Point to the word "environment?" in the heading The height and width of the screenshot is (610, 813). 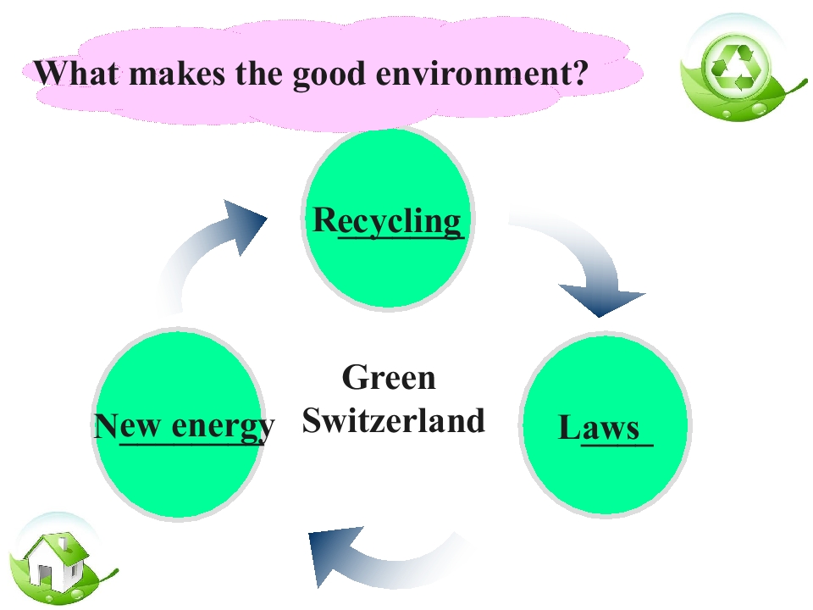pyautogui.click(x=481, y=74)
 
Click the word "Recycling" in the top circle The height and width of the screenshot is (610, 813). pyautogui.click(x=388, y=221)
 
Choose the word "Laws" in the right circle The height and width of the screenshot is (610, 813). pyautogui.click(x=601, y=428)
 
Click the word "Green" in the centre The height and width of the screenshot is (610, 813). pyautogui.click(x=389, y=378)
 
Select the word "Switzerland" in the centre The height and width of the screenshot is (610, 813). pyautogui.click(x=393, y=420)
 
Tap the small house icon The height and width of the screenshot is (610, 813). pyautogui.click(x=55, y=559)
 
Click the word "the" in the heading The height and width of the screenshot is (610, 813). pyautogui.click(x=253, y=74)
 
